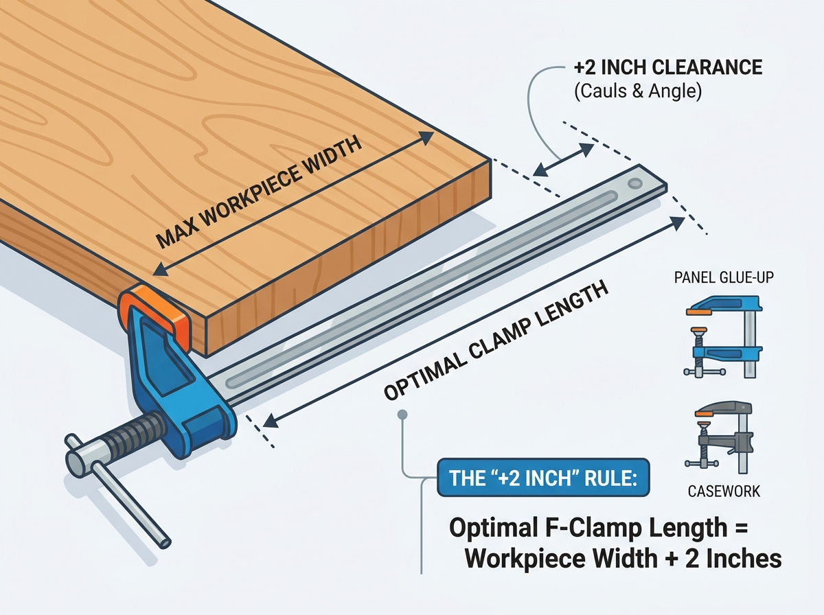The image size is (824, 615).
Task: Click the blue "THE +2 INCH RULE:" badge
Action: pos(543,477)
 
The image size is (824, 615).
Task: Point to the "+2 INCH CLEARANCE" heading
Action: pos(668,67)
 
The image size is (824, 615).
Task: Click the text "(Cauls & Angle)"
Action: pos(638,91)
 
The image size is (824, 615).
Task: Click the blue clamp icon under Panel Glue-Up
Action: pos(722,337)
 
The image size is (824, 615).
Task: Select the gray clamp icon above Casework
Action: pos(720,438)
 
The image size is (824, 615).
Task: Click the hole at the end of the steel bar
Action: pos(634,183)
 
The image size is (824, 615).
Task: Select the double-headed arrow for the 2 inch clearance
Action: pos(563,160)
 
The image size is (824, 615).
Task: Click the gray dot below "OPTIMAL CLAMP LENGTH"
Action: pos(402,415)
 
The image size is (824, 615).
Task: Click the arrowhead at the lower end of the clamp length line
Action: pos(271,421)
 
